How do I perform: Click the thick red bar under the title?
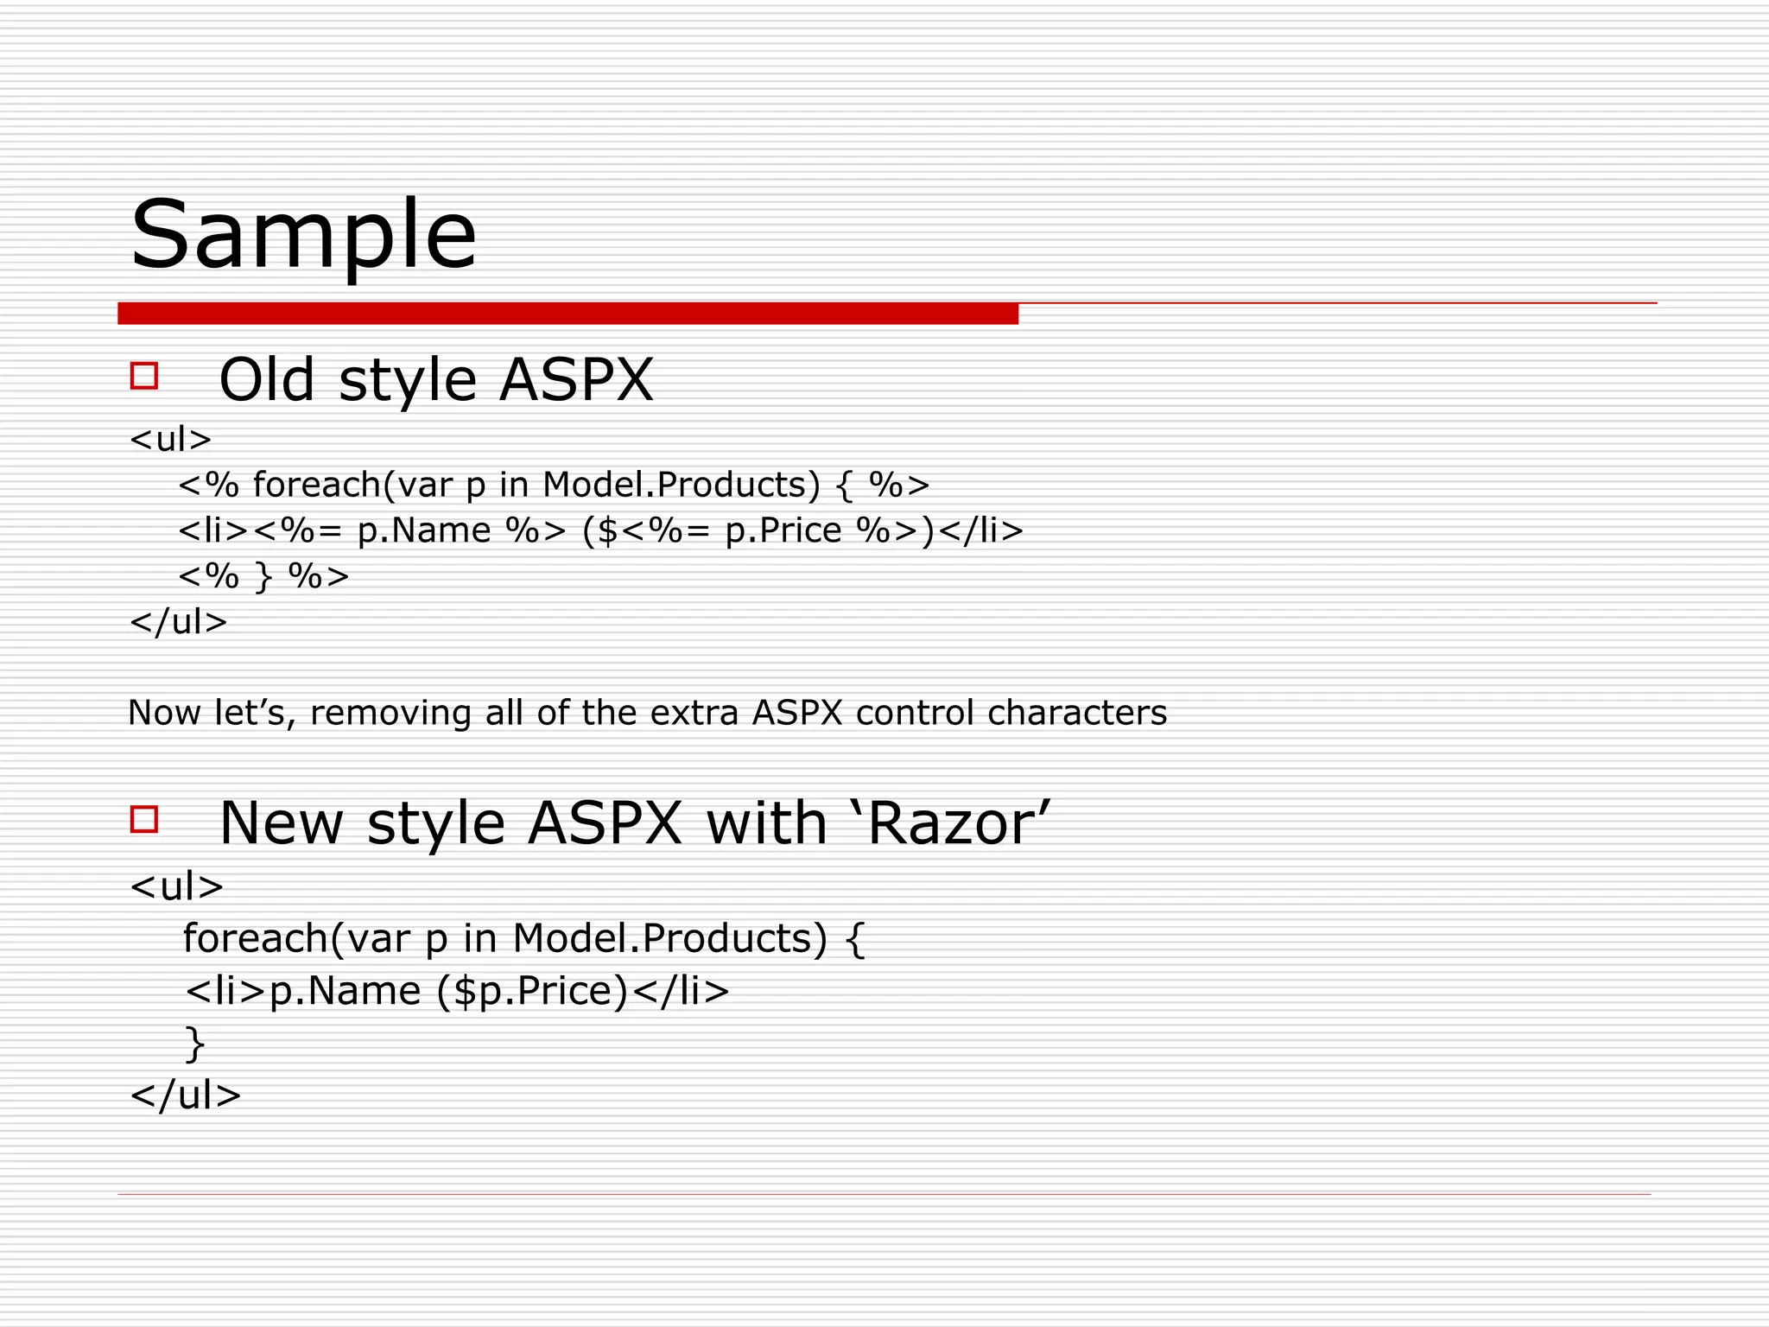567,314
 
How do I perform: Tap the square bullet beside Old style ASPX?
144,376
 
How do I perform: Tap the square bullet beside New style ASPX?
144,819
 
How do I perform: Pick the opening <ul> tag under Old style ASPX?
170,440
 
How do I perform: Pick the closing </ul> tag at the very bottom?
185,1095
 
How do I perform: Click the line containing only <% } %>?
263,575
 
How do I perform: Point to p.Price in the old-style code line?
783,530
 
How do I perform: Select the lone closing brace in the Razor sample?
195,1043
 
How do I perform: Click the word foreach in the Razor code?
255,938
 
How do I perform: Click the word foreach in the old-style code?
316,485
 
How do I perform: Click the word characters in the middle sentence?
1076,713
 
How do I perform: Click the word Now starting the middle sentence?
164,713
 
